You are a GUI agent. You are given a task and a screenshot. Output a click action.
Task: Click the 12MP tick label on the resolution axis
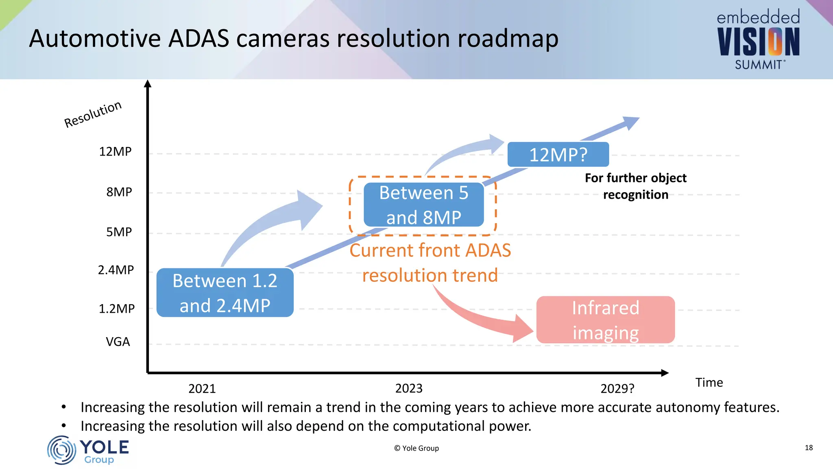115,151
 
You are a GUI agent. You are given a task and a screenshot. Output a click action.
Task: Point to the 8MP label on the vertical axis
119,192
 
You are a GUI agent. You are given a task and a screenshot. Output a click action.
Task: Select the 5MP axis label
119,232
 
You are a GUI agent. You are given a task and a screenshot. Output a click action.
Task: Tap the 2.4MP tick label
116,270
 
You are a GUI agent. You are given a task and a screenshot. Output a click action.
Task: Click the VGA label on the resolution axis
118,341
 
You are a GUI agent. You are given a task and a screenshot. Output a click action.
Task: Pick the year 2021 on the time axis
202,388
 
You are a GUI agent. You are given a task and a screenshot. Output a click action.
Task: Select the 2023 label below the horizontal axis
409,388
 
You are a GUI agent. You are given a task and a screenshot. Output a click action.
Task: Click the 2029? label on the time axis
617,388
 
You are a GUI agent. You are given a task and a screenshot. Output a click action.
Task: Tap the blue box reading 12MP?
558,155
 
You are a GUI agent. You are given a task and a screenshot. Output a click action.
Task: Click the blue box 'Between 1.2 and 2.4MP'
225,293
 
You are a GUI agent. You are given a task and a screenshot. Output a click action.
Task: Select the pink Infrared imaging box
605,320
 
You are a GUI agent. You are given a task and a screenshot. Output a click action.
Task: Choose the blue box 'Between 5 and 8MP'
423,205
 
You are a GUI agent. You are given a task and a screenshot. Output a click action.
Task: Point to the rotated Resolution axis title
93,114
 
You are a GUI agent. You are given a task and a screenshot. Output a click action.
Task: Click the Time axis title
709,382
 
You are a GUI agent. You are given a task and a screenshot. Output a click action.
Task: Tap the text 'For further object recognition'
635,186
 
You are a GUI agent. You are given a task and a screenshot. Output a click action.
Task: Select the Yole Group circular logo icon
61,450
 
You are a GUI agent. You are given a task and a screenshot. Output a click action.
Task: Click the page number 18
809,447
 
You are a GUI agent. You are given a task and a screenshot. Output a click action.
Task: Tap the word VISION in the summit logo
758,42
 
